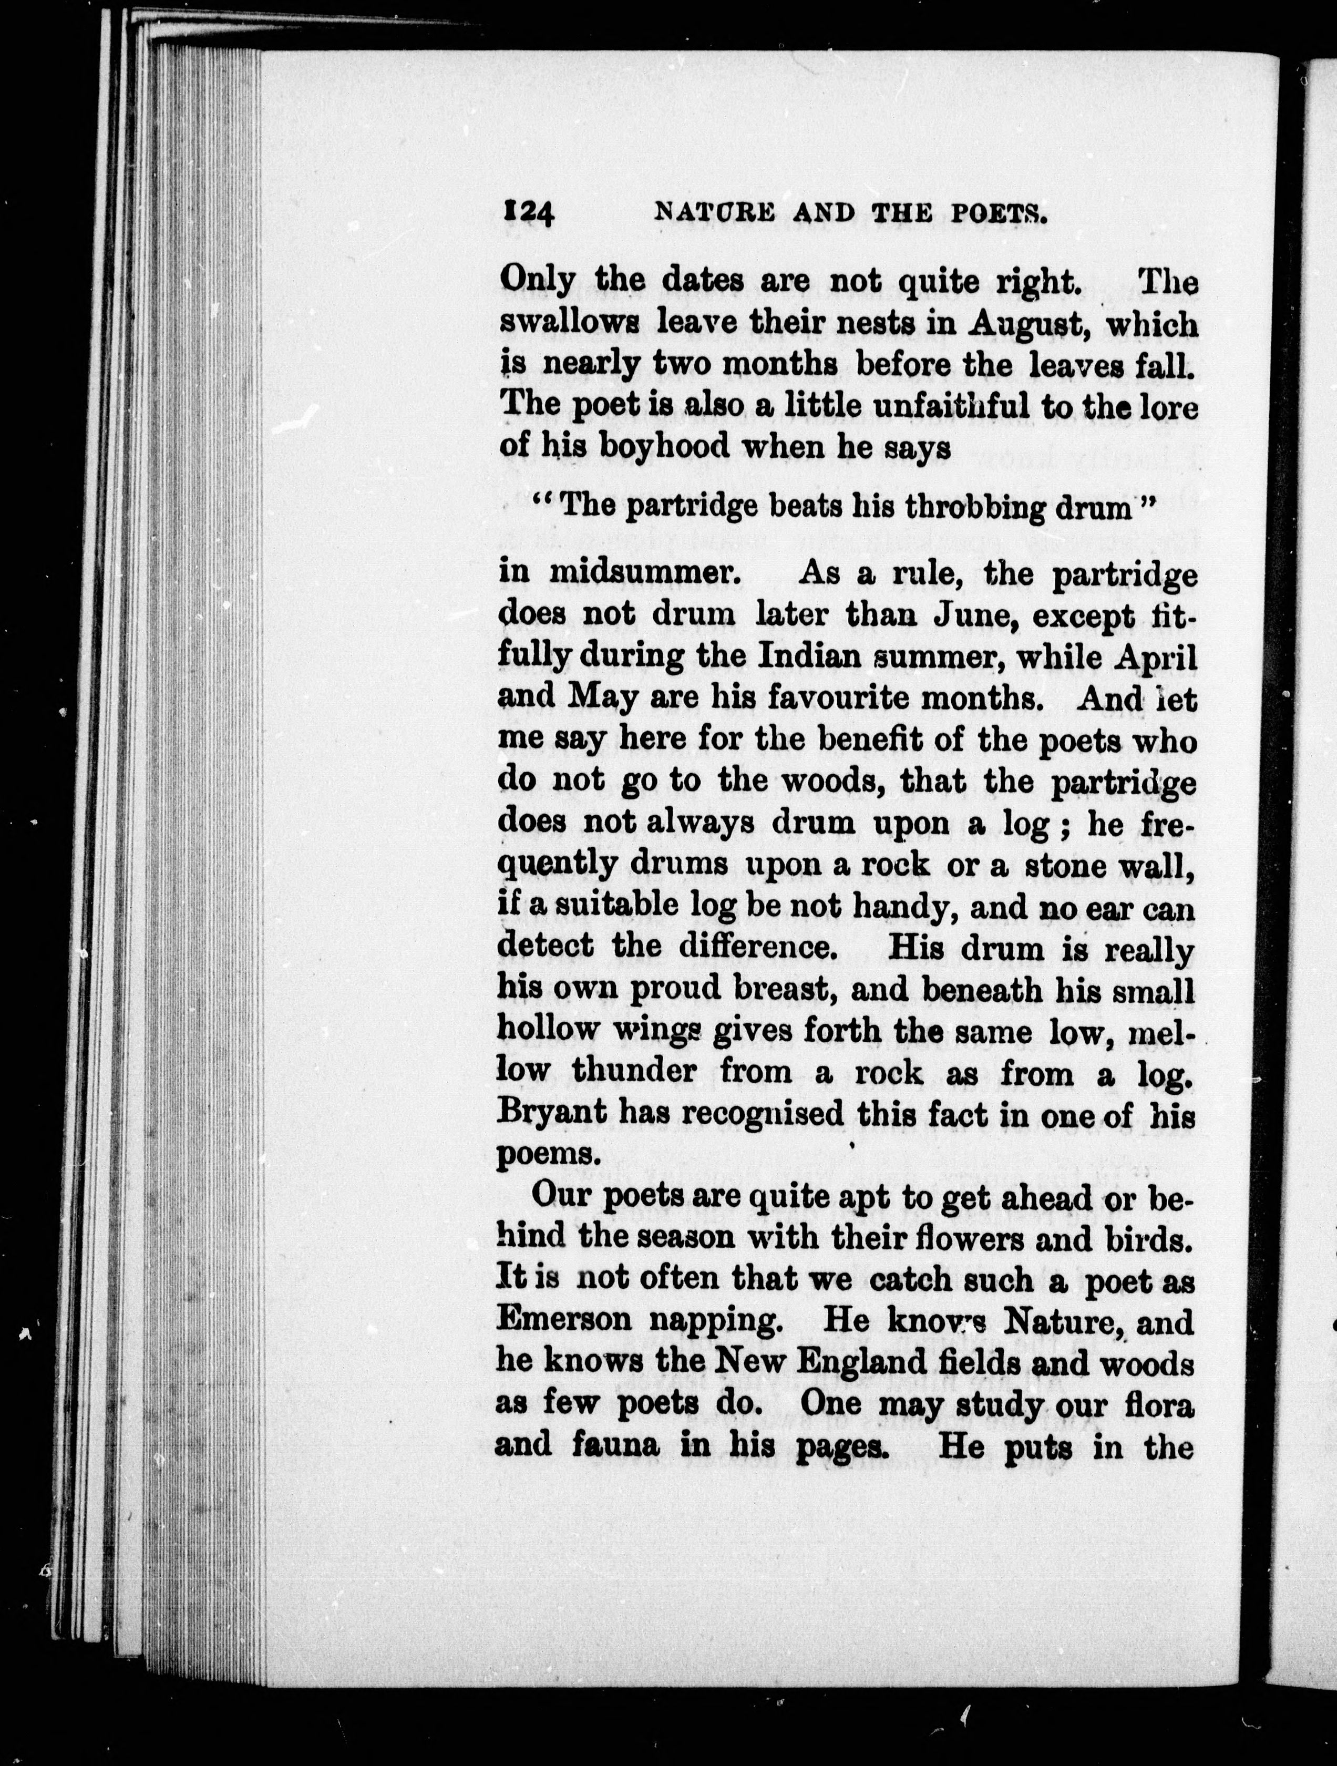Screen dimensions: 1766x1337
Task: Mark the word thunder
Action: tap(634, 1071)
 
